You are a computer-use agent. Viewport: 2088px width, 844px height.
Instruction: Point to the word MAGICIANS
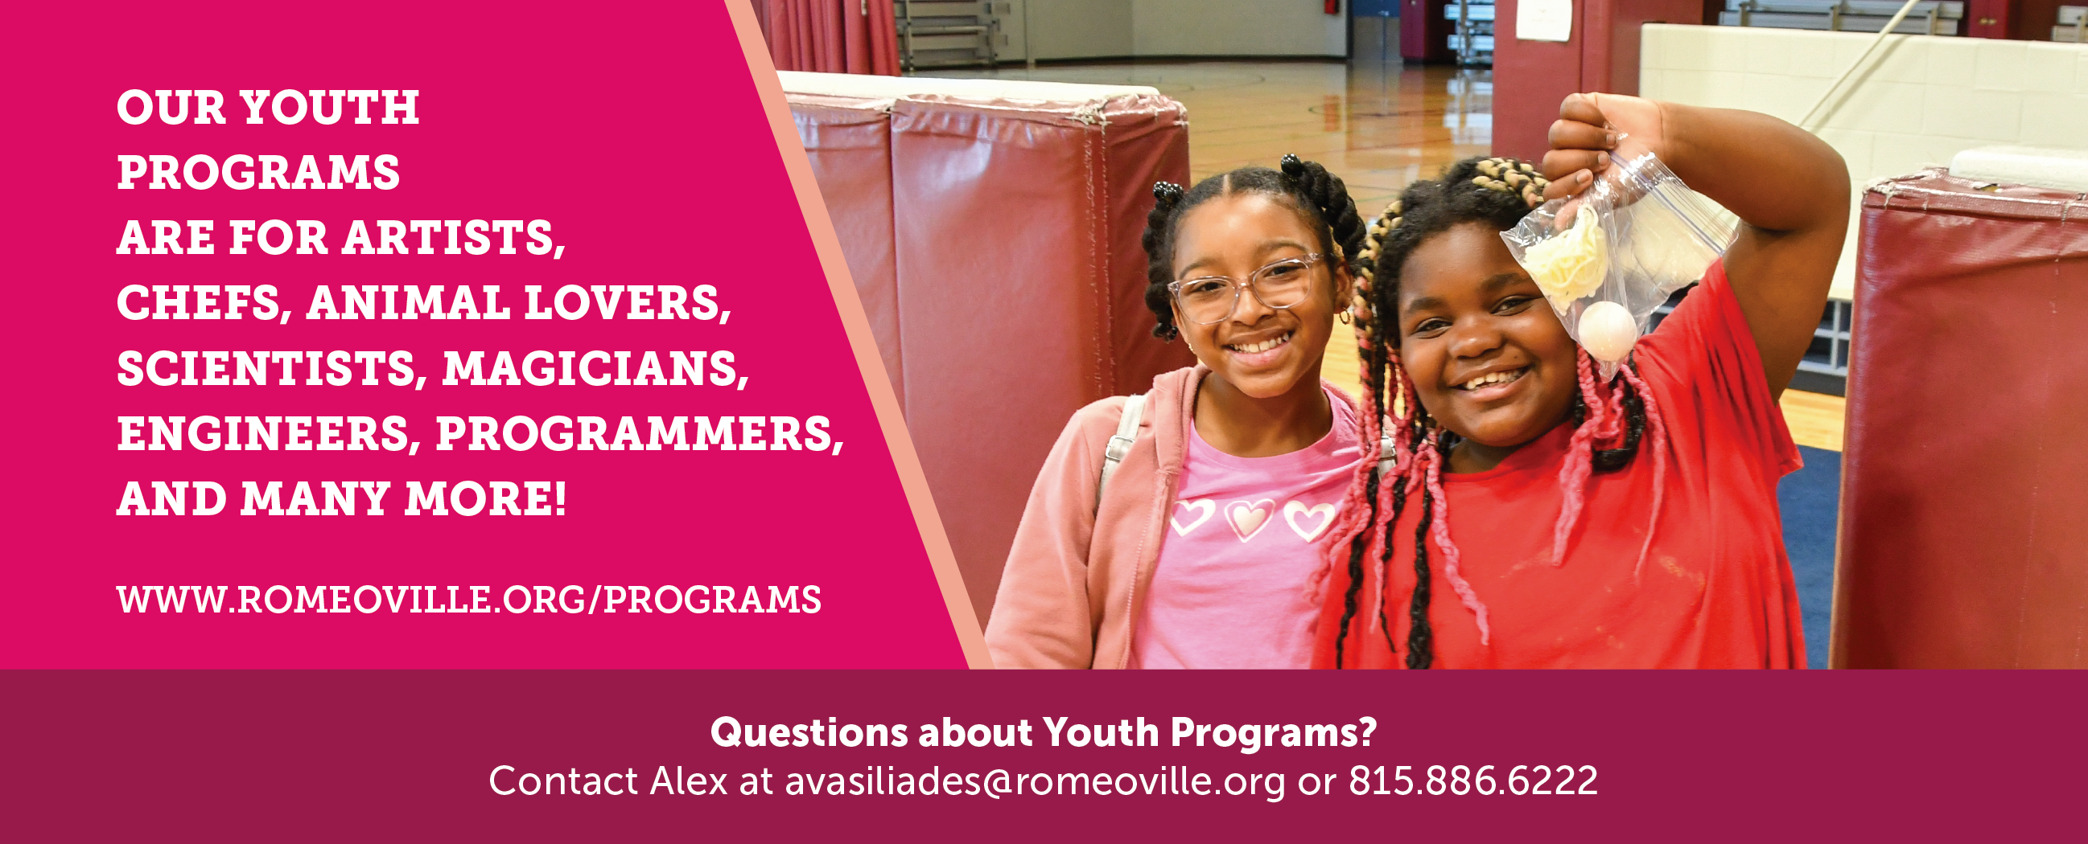coord(592,368)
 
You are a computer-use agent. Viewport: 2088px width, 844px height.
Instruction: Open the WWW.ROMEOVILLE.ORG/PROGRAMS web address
coord(468,600)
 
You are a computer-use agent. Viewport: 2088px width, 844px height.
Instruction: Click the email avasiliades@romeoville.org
coord(1034,780)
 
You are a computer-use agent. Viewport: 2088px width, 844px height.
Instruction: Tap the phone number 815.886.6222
coord(1472,780)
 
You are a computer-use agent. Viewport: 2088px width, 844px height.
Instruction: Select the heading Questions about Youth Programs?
coord(1043,732)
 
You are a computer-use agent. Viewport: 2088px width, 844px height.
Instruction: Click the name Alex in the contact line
coord(688,780)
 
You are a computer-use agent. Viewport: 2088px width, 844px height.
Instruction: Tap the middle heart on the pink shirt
coord(1249,519)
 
